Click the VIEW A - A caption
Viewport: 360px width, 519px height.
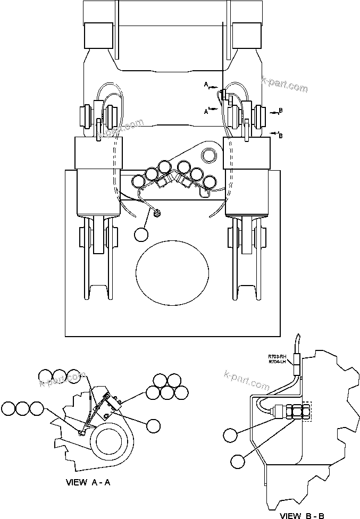coord(88,483)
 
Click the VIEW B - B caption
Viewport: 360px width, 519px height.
coord(302,515)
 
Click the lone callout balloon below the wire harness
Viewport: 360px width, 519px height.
coord(141,234)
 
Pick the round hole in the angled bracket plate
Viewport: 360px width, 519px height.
coord(209,156)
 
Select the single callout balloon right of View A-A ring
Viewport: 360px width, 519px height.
coord(153,425)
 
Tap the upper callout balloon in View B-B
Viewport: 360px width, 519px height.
coord(231,435)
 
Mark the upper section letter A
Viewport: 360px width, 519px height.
coord(206,84)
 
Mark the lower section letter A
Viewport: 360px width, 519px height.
coord(206,111)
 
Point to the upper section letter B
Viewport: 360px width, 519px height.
coord(281,110)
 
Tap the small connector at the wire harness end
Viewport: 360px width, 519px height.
coord(157,214)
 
